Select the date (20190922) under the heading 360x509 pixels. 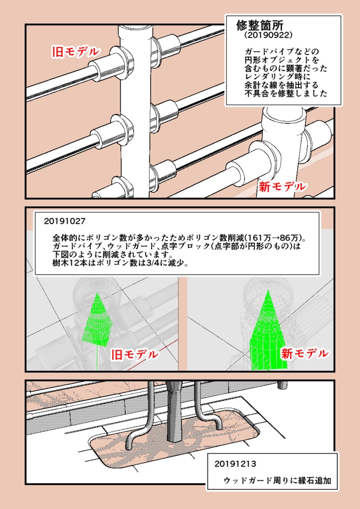click(265, 36)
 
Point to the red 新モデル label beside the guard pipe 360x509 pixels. click(281, 187)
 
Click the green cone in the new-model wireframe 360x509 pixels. click(267, 333)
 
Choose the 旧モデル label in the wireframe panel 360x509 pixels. click(134, 354)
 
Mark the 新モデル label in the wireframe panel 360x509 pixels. click(304, 353)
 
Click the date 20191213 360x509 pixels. click(235, 464)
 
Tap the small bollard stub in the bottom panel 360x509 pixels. click(283, 384)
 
